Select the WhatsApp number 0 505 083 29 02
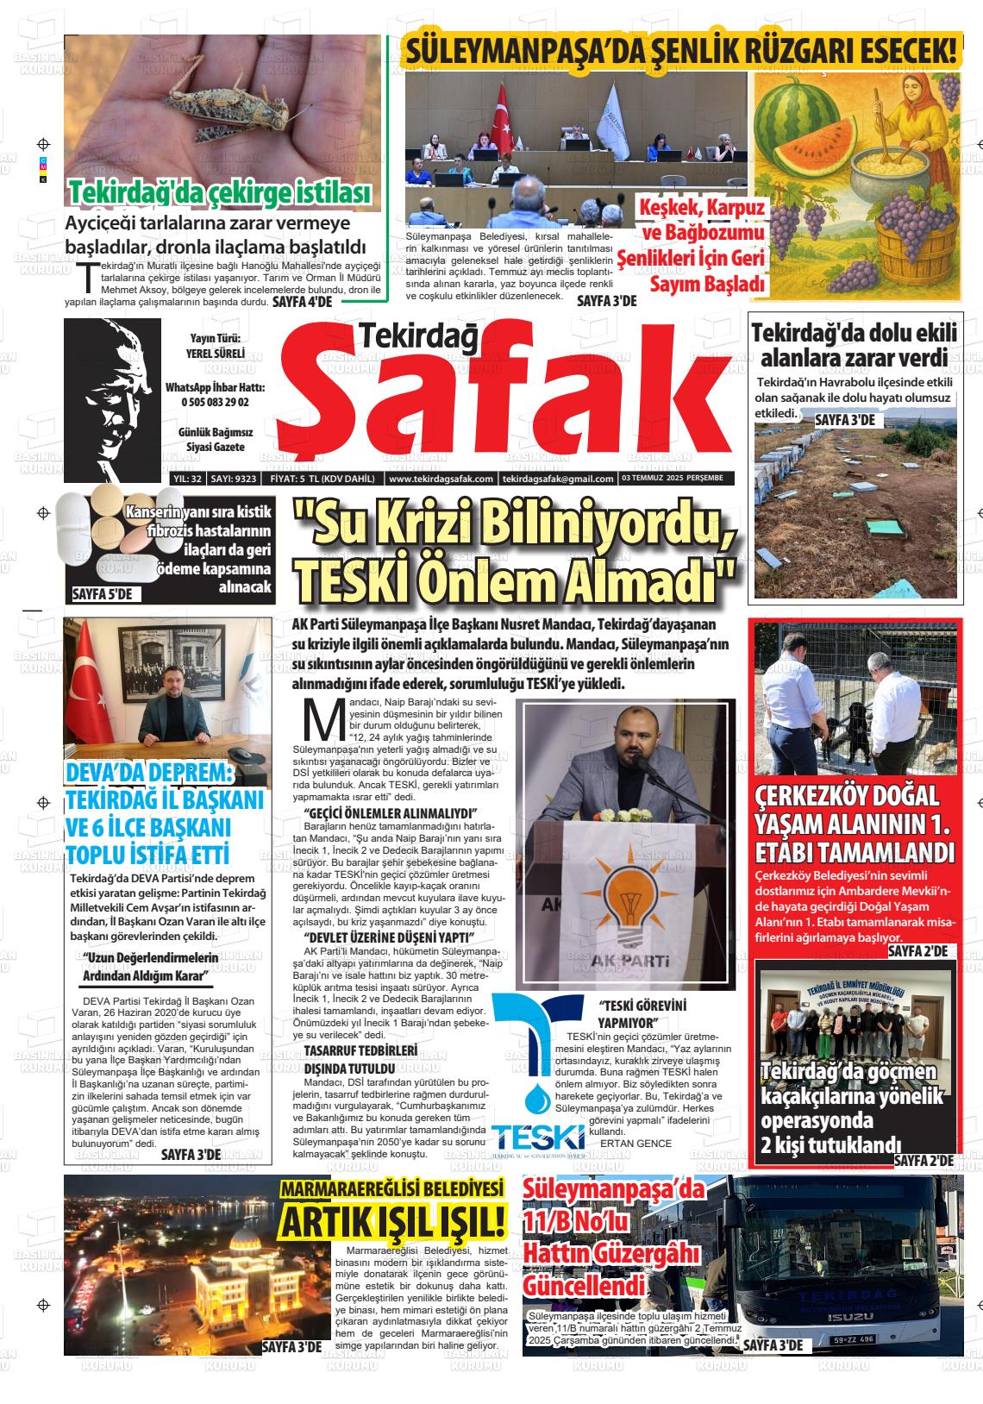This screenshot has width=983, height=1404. point(215,403)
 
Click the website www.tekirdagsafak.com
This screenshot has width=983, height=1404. point(441,479)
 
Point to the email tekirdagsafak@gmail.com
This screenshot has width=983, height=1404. point(558,479)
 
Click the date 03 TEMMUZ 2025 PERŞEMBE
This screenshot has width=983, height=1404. point(672,478)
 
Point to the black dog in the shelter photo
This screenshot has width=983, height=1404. point(856,720)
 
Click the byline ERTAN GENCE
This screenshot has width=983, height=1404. point(636,1143)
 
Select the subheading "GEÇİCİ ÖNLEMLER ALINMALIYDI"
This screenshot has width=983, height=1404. point(391,814)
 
